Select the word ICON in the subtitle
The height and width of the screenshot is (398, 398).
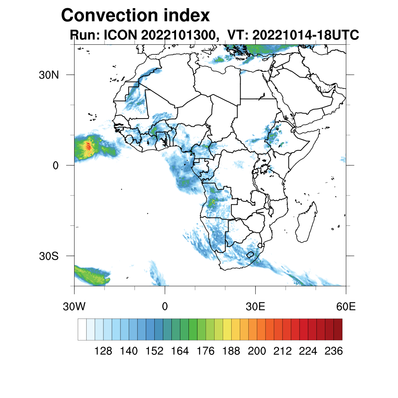click(120, 35)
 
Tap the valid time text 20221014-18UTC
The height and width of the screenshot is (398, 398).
click(305, 35)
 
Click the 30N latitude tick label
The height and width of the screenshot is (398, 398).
click(49, 75)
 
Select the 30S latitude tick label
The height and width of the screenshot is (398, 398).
click(49, 257)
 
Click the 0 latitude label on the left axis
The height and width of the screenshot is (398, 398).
click(56, 166)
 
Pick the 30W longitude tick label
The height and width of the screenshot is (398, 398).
click(74, 307)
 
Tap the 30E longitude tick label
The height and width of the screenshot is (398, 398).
click(255, 307)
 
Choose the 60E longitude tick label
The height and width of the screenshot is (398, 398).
click(346, 307)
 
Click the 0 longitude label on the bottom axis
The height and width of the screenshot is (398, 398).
click(165, 307)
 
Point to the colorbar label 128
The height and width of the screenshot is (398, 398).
click(103, 351)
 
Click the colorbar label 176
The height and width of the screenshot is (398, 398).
click(206, 351)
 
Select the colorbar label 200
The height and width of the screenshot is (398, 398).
click(257, 351)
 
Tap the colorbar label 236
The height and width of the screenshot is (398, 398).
click(333, 351)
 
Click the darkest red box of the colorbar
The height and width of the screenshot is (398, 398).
click(338, 330)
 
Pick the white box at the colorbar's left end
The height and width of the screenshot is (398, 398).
click(82, 330)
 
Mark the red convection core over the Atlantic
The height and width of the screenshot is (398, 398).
click(88, 146)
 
